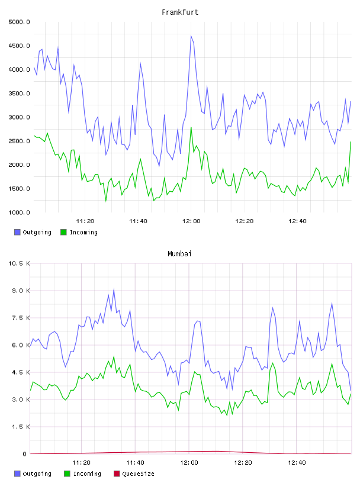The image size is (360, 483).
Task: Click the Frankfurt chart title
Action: (x=180, y=12)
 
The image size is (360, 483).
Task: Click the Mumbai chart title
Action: (x=179, y=254)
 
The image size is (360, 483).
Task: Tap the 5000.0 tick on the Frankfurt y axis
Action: (x=19, y=22)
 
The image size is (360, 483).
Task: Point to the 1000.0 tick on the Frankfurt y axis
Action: (x=19, y=212)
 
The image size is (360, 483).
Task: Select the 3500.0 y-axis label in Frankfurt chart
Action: (x=19, y=94)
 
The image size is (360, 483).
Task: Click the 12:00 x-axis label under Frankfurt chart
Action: (x=191, y=221)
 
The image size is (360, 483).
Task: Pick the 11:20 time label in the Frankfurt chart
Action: (x=85, y=221)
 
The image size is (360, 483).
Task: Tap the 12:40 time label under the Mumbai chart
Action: (x=297, y=463)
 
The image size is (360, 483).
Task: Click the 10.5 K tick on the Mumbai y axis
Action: (x=19, y=263)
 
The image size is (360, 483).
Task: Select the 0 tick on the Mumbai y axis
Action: (x=24, y=454)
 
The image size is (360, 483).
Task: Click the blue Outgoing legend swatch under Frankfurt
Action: (x=17, y=232)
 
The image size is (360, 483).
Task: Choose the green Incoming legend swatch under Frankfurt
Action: (x=63, y=232)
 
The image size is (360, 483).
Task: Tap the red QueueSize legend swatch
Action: (x=117, y=474)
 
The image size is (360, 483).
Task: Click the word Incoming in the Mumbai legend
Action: (x=87, y=474)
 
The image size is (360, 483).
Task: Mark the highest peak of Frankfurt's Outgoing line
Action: (x=191, y=36)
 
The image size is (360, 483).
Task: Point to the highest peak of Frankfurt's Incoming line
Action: (x=191, y=127)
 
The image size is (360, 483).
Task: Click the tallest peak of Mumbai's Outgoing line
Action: (x=114, y=289)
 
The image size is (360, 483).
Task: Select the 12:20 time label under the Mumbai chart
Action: (x=243, y=463)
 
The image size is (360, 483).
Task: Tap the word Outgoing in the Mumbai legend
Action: (x=37, y=474)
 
